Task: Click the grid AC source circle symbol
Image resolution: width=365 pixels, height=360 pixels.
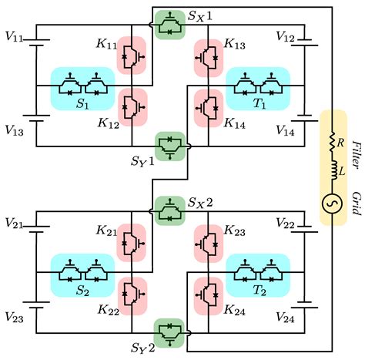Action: [332, 204]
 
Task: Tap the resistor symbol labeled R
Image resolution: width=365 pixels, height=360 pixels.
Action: [332, 143]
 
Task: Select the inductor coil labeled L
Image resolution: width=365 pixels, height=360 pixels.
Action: [333, 170]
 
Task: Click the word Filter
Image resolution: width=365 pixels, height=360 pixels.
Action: [357, 155]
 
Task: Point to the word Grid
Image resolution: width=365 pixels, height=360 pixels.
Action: [357, 203]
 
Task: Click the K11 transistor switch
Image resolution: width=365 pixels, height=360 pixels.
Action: [133, 56]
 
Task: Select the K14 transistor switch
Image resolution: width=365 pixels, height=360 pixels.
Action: [207, 108]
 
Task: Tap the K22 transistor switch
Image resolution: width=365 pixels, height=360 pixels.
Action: [133, 294]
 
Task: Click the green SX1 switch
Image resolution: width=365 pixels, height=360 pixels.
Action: [169, 25]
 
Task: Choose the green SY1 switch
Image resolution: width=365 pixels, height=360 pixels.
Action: [169, 147]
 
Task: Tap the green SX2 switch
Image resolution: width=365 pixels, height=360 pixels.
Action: [169, 211]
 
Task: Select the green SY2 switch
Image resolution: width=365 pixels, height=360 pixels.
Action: [169, 334]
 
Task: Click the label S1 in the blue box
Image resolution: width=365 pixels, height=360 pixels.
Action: [82, 103]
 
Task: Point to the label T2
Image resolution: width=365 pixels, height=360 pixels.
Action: [260, 290]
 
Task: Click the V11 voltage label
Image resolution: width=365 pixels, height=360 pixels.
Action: [14, 37]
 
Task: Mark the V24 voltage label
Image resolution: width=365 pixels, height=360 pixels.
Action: [285, 318]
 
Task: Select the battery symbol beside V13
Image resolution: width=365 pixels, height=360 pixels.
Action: [36, 118]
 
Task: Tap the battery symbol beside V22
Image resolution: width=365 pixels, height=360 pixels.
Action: [305, 229]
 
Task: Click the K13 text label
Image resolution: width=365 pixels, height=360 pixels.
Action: [235, 44]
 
